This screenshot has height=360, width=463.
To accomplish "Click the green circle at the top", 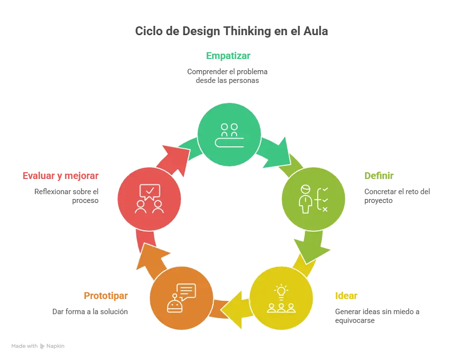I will (x=229, y=134).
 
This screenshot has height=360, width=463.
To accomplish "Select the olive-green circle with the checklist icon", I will (x=314, y=199).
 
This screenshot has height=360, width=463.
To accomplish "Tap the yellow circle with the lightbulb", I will (x=281, y=298).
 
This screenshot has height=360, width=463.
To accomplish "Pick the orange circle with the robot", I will (x=181, y=298).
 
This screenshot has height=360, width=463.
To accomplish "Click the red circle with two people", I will (x=149, y=199).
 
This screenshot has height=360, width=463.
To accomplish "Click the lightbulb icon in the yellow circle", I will (x=281, y=291).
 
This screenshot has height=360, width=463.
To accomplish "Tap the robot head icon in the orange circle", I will (x=174, y=305).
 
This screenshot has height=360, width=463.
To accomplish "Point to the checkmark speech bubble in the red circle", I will (x=149, y=191).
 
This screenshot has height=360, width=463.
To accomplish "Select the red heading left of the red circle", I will (x=60, y=176).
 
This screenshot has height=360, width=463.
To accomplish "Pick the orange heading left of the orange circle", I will (x=105, y=296).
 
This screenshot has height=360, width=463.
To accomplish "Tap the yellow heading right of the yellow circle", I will (x=346, y=296).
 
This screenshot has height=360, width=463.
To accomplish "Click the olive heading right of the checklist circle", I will (x=379, y=176).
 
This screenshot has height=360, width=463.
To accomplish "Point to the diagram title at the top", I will (x=232, y=31).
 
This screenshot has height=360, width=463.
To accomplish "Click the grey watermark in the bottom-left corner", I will (x=39, y=347).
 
